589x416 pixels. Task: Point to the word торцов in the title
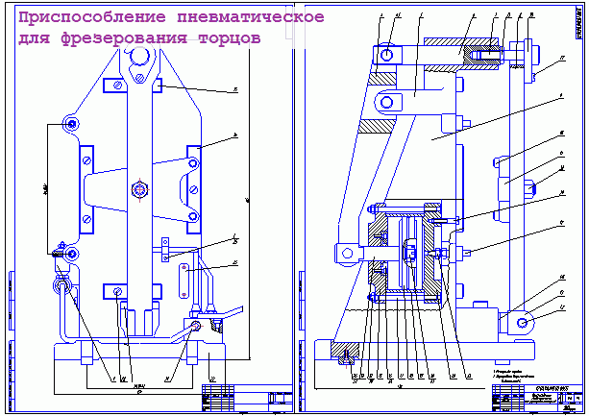[x=225, y=43]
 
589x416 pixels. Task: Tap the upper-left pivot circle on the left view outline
[x=69, y=123]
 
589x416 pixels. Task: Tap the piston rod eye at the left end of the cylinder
[x=342, y=252]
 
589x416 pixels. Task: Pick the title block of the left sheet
[x=244, y=397]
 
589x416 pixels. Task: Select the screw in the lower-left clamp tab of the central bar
[x=116, y=291]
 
